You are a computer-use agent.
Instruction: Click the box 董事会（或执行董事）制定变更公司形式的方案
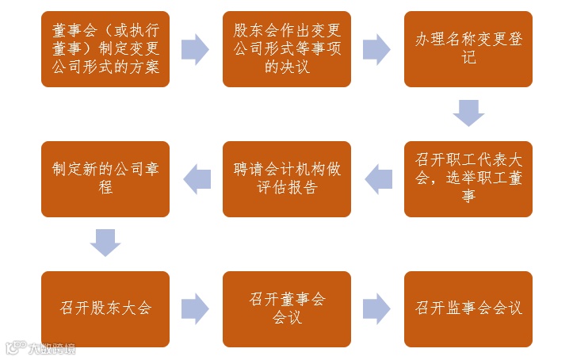click(105, 49)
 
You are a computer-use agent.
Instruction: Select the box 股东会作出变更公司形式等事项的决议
click(287, 49)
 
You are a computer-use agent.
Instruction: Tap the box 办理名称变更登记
click(468, 49)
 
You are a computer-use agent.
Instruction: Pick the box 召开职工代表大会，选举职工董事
click(468, 179)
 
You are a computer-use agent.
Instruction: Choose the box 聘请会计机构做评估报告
click(287, 179)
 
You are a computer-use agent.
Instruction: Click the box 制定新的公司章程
click(105, 179)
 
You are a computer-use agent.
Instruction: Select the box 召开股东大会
click(105, 308)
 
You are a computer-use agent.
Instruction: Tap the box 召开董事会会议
click(287, 308)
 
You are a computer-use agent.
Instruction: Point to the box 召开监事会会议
click(468, 308)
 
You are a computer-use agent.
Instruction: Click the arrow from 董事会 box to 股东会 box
click(196, 49)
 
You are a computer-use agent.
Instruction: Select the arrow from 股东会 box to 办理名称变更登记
click(377, 49)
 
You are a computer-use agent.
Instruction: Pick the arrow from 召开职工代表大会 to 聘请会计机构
click(378, 179)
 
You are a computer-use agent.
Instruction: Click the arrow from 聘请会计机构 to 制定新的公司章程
click(197, 179)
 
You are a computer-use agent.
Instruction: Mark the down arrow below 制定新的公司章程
click(105, 243)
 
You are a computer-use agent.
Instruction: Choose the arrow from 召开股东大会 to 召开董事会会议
click(196, 308)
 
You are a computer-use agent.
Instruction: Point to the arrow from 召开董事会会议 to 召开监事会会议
click(377, 308)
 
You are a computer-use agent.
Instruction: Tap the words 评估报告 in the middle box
click(287, 189)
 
